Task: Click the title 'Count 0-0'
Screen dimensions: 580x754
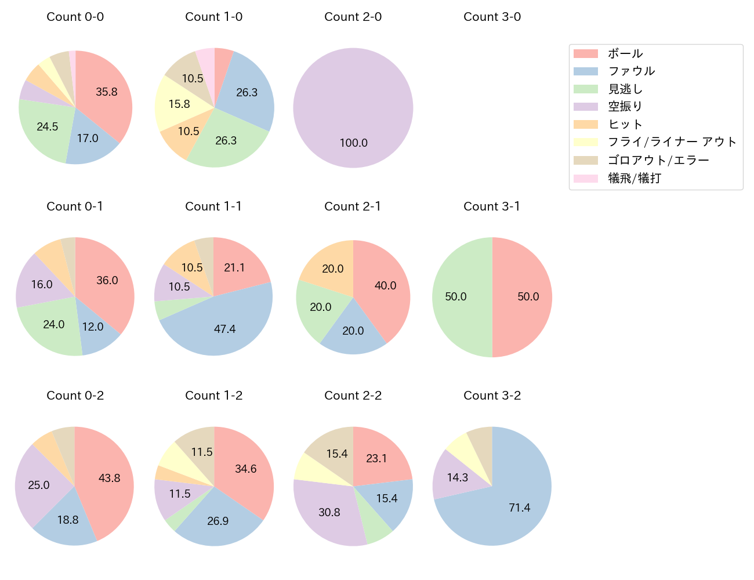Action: click(x=75, y=17)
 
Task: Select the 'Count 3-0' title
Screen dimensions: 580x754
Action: click(x=492, y=17)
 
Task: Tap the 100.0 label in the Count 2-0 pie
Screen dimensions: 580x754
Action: click(x=353, y=143)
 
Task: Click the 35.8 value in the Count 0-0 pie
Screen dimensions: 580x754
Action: click(x=107, y=92)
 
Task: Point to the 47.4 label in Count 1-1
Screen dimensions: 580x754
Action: click(x=224, y=329)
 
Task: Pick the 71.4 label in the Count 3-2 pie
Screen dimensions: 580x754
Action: click(x=519, y=507)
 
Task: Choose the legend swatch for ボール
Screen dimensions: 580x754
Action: click(x=585, y=53)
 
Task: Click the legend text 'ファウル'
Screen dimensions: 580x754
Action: click(x=631, y=71)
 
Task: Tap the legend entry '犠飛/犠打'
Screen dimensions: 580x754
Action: click(x=634, y=178)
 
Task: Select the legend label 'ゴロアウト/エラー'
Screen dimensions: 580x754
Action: click(x=658, y=160)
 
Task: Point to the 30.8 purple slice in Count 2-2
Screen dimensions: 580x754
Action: click(x=329, y=512)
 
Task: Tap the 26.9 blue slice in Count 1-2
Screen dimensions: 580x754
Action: click(x=217, y=521)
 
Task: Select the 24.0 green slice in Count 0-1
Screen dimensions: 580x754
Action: click(x=53, y=324)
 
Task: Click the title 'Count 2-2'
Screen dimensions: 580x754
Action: click(x=353, y=396)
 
